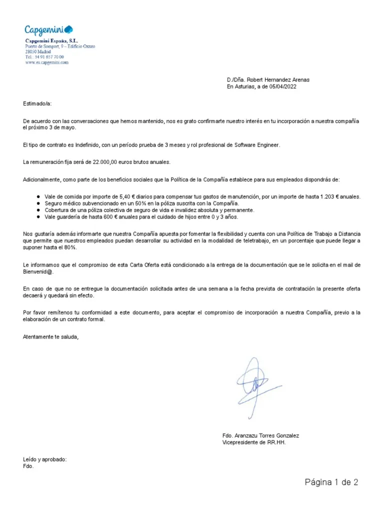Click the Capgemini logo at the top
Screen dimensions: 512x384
point(49,30)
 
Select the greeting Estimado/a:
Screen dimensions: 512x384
point(37,104)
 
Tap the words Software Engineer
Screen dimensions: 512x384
point(255,145)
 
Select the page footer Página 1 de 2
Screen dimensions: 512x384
point(332,482)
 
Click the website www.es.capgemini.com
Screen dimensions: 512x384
point(47,63)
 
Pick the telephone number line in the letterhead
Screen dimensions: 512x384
point(44,57)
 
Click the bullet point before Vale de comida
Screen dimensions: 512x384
point(38,197)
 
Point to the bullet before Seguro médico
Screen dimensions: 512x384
point(38,204)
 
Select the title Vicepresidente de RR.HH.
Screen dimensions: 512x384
point(254,442)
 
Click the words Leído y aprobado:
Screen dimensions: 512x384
point(44,459)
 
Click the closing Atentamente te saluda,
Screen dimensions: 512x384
point(51,337)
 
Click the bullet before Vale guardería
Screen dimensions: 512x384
point(38,217)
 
